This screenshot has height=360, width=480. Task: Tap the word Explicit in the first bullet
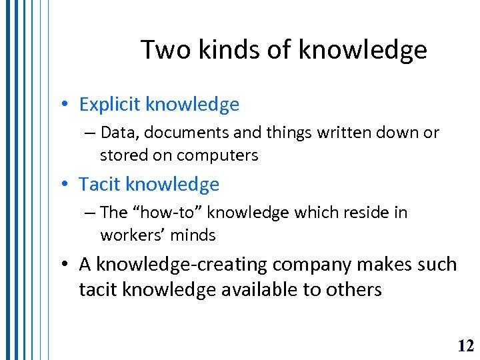(110, 105)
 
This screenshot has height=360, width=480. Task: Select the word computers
(217, 155)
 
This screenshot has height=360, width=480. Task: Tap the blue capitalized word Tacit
(100, 184)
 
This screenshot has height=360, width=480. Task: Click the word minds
(193, 235)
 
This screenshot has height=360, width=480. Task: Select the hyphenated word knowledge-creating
(181, 265)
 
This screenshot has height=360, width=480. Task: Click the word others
(355, 290)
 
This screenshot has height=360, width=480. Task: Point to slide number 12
(466, 345)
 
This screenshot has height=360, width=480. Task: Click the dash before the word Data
(91, 133)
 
